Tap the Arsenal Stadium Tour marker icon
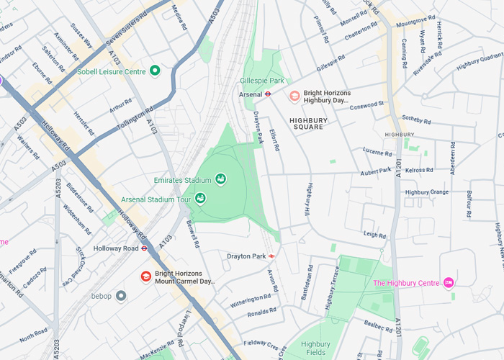click(x=200, y=197)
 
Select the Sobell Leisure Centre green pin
click(x=154, y=71)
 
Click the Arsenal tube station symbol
click(x=266, y=94)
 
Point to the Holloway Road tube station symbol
click(x=145, y=248)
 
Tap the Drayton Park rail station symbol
click(x=272, y=256)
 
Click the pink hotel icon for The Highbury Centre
click(x=449, y=282)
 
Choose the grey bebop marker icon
click(x=121, y=295)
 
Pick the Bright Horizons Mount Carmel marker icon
click(x=146, y=277)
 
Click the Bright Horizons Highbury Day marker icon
click(x=294, y=96)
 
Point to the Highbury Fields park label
click(x=315, y=348)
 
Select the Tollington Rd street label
click(x=136, y=119)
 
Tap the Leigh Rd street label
click(x=374, y=235)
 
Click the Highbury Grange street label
click(x=426, y=192)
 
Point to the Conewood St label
click(x=366, y=104)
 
